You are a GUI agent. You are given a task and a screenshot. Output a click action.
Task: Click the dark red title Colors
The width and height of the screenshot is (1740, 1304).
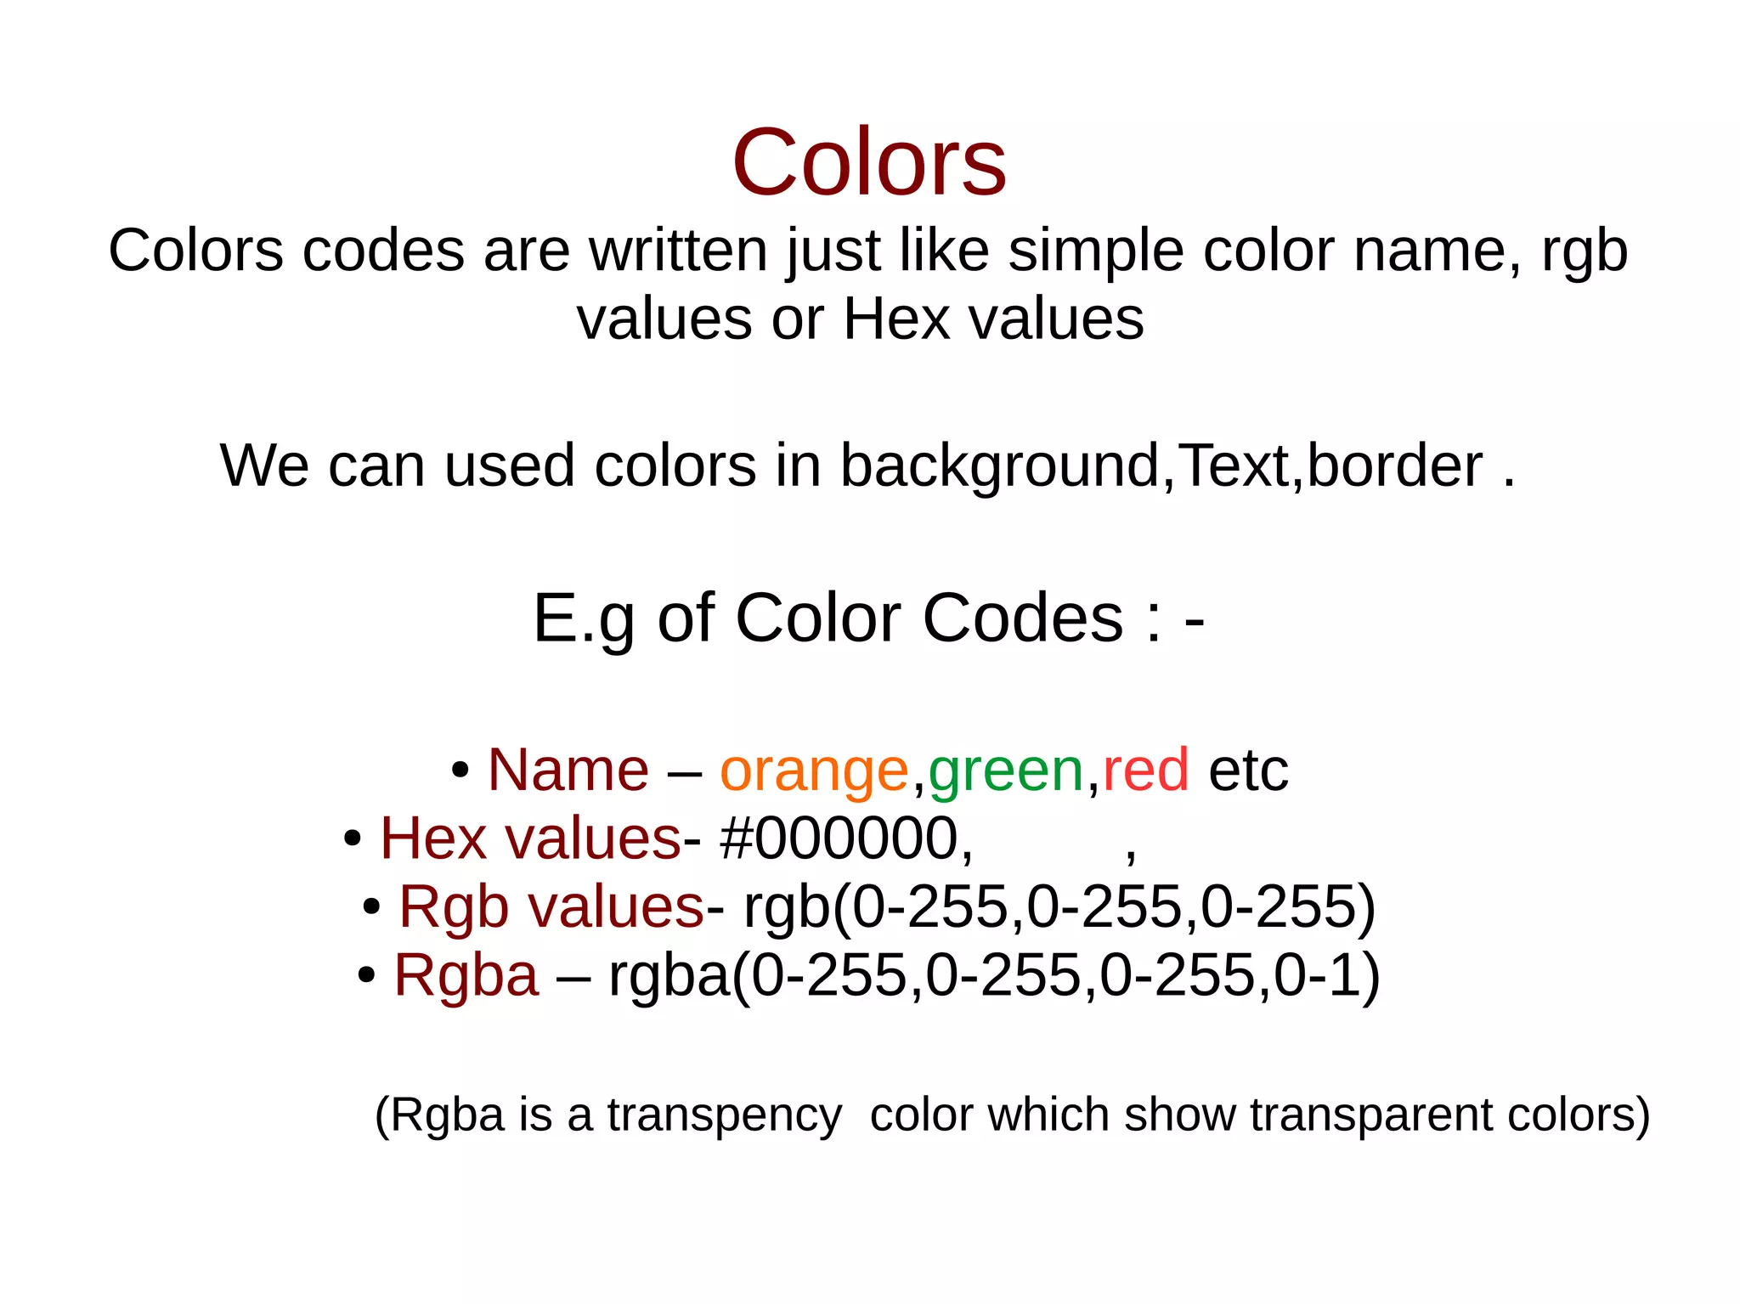(x=869, y=161)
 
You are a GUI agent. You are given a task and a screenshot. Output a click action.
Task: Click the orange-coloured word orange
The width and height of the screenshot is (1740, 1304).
(x=814, y=771)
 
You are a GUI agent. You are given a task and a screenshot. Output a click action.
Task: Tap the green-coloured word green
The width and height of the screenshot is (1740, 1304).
(x=1005, y=771)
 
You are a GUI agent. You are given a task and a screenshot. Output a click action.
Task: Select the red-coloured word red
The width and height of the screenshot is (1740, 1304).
(x=1145, y=771)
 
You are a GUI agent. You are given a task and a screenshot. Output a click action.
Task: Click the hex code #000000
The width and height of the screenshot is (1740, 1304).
(x=846, y=839)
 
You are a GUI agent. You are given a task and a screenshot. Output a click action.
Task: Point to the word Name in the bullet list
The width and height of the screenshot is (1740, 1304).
(x=568, y=771)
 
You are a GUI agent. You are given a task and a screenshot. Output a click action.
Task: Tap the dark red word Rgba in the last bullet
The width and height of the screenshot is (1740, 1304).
(x=466, y=975)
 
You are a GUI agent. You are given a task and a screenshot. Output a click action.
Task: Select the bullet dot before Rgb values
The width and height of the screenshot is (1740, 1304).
(x=371, y=907)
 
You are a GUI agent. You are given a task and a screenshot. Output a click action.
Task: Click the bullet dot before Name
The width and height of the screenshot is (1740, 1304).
(x=460, y=771)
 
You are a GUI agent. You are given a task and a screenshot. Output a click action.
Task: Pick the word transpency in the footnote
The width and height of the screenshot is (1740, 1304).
(x=724, y=1115)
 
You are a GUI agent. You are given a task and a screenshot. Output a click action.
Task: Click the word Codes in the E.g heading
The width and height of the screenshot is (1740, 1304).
(x=1022, y=618)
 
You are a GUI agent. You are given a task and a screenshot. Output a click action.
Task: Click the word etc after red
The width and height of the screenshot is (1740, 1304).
(x=1248, y=771)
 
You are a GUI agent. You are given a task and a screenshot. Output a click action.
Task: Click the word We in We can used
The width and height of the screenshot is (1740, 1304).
(x=264, y=466)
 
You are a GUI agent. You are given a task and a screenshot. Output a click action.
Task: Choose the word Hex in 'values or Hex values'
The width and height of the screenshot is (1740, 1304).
(x=896, y=319)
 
